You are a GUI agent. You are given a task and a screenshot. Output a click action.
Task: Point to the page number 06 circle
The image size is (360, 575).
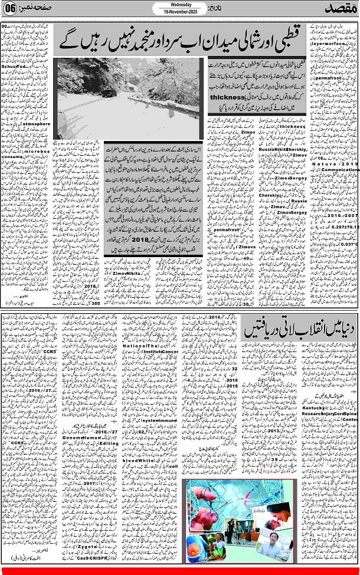coord(10,10)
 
